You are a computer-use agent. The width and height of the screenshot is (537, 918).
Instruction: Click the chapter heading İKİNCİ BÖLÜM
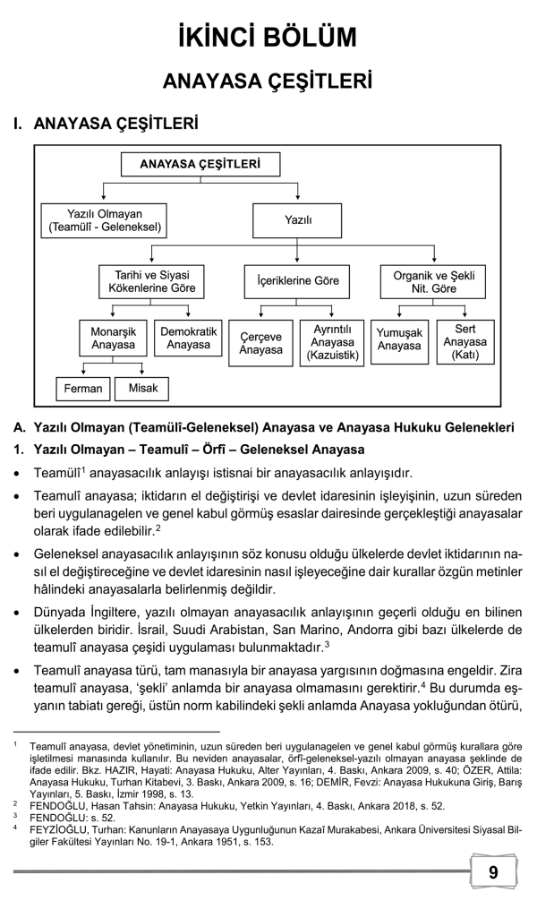click(x=268, y=37)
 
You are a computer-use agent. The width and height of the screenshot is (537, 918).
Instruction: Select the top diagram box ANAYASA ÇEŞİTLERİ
click(x=200, y=164)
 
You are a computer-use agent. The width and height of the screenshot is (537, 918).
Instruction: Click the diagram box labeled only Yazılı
click(x=298, y=220)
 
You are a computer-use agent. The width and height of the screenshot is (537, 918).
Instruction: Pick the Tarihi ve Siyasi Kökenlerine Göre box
click(x=151, y=280)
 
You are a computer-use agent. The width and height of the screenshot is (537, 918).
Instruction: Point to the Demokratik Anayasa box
click(x=189, y=338)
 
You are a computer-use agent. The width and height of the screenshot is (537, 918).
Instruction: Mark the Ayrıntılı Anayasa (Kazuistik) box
click(x=332, y=343)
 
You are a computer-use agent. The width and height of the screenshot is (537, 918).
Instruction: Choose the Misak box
click(x=141, y=388)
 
